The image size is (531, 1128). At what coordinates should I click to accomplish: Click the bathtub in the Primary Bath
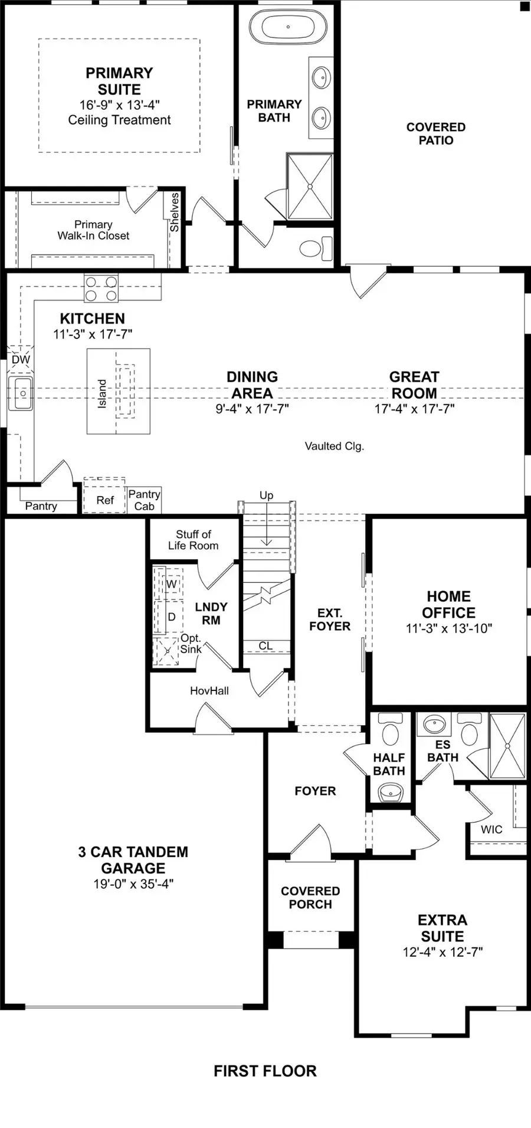[288, 27]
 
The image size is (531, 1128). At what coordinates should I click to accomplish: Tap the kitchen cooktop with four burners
[101, 289]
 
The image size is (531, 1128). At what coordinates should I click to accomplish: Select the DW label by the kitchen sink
[21, 360]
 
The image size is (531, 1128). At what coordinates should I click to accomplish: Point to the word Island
[103, 393]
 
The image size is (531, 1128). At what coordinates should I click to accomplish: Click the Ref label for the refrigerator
[105, 500]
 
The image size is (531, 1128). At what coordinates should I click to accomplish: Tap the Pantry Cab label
[144, 500]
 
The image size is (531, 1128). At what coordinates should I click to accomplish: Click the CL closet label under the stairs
[266, 645]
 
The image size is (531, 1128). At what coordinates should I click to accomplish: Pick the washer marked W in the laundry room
[171, 584]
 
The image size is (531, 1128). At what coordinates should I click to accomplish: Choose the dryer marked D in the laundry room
[172, 617]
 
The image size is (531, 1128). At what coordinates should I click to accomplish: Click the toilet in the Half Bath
[389, 732]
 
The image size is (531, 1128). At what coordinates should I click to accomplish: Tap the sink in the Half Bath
[389, 791]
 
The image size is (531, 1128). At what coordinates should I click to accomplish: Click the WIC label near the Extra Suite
[491, 829]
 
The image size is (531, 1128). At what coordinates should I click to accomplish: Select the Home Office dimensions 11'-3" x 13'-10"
[448, 628]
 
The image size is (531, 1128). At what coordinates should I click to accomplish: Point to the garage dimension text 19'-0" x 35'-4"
[133, 884]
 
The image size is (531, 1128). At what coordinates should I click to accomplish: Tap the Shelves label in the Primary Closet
[175, 212]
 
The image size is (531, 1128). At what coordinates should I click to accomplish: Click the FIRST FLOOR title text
[265, 1071]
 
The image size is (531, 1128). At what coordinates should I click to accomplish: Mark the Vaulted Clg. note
[334, 446]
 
